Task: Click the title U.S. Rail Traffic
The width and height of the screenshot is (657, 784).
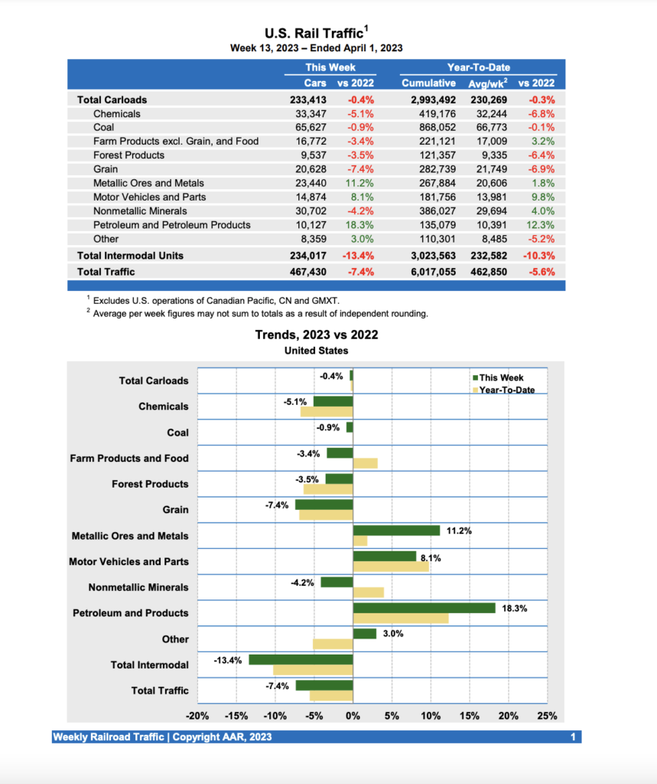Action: [x=314, y=33]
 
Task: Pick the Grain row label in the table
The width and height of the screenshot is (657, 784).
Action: [x=106, y=169]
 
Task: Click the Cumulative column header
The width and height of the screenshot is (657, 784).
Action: [x=428, y=83]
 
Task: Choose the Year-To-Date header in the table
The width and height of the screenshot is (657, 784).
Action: [x=479, y=67]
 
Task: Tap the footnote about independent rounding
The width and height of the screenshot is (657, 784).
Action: [x=260, y=314]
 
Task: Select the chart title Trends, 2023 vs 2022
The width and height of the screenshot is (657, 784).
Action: [x=316, y=335]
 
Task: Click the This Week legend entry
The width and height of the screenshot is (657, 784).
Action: [x=501, y=377]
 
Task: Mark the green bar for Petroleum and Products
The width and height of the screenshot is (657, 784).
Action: [x=424, y=608]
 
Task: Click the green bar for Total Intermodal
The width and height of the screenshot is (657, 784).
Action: [x=301, y=659]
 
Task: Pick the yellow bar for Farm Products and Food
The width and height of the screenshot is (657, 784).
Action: [x=365, y=463]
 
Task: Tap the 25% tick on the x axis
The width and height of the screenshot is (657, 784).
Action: [x=547, y=717]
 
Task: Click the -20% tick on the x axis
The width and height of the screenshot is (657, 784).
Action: [x=197, y=717]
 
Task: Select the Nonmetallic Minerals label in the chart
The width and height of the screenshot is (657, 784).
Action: [x=138, y=587]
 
